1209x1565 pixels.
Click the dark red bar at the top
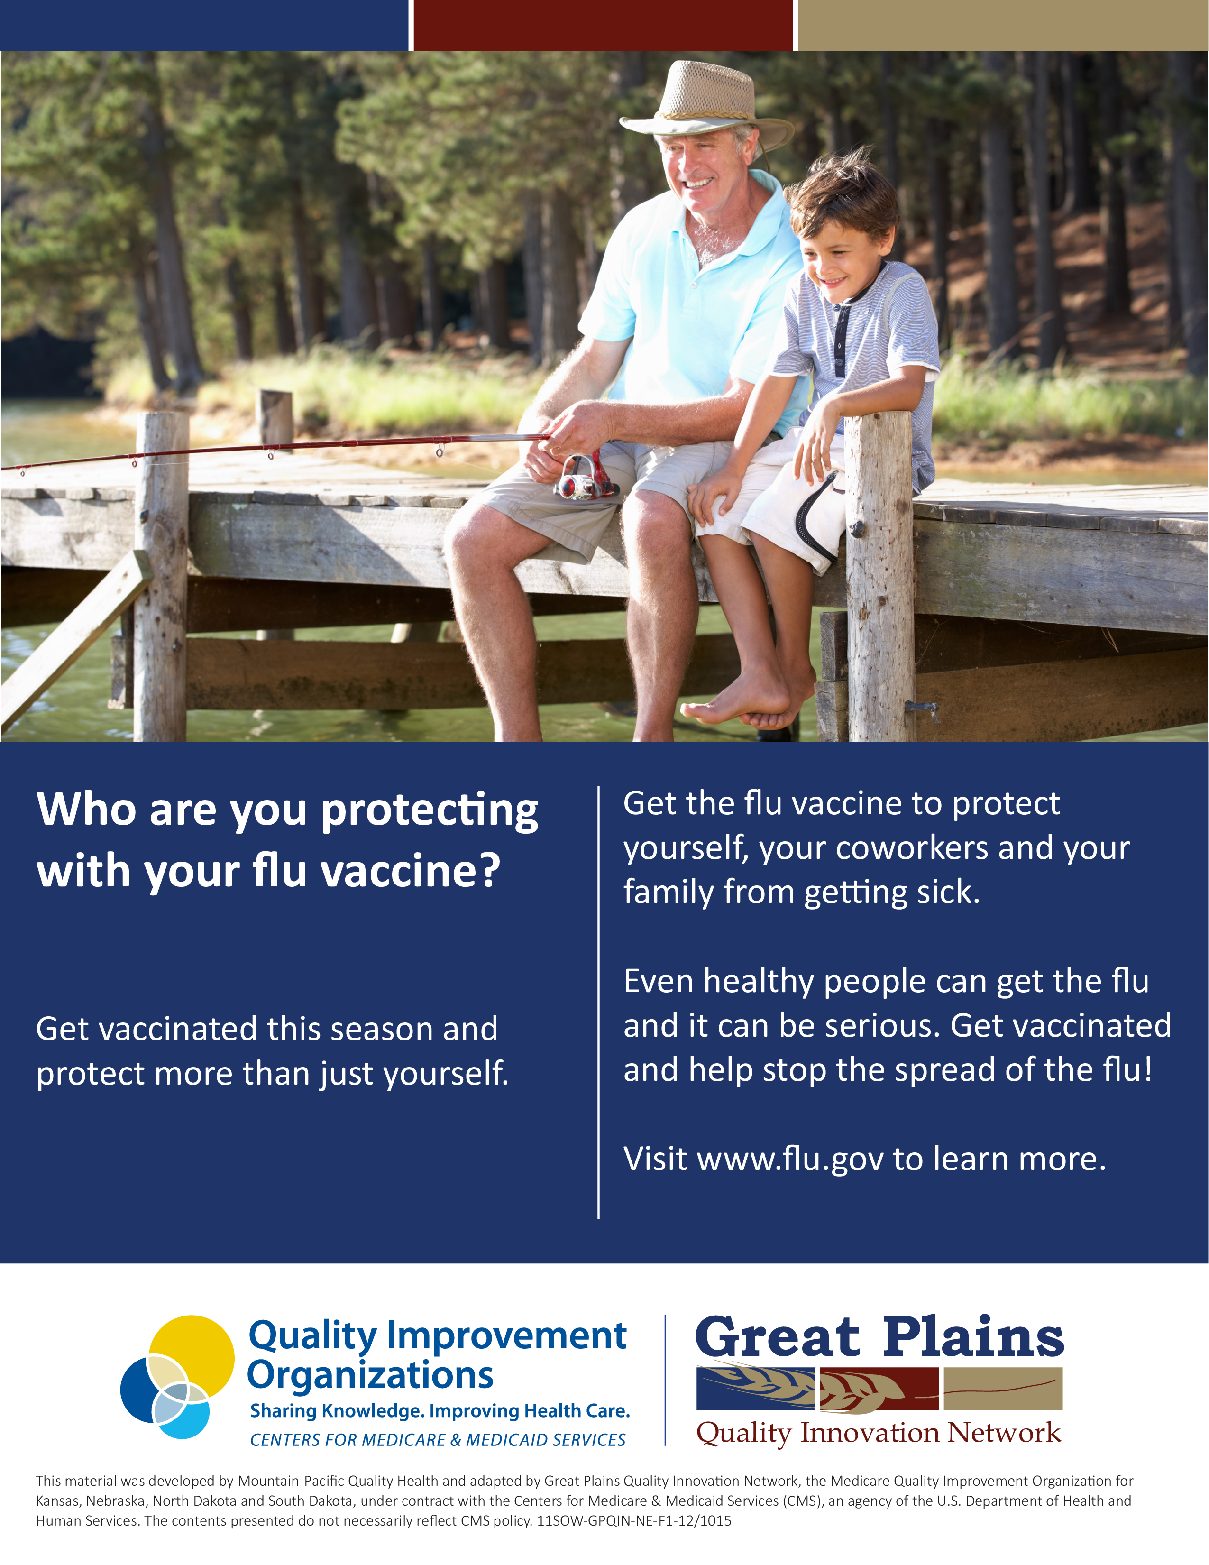tap(603, 25)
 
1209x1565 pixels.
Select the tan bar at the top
tap(1003, 25)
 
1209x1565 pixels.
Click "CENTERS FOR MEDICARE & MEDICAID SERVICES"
tap(438, 1440)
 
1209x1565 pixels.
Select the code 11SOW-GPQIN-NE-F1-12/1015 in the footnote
tap(634, 1520)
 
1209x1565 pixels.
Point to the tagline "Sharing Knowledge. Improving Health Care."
tap(439, 1410)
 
